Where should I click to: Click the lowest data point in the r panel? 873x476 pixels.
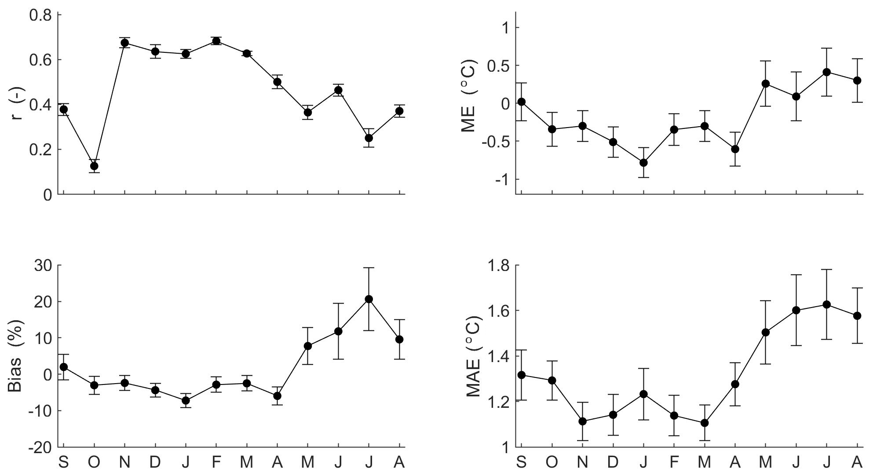click(x=94, y=166)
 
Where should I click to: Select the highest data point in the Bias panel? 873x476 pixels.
click(x=369, y=299)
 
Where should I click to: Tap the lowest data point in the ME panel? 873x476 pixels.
click(x=644, y=162)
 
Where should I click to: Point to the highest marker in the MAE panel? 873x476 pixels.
click(x=827, y=304)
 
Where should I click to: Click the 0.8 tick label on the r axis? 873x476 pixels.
click(x=40, y=15)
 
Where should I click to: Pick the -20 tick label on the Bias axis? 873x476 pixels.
click(x=40, y=447)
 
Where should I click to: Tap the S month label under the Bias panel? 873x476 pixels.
click(x=64, y=462)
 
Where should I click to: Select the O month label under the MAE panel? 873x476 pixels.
click(x=552, y=462)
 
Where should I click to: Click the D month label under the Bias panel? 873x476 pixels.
click(x=155, y=462)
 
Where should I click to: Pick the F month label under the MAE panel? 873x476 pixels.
click(x=674, y=462)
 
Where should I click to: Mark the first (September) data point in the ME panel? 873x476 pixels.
click(x=522, y=102)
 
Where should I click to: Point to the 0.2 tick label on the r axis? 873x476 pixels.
click(x=40, y=150)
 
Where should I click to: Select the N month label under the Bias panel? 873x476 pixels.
click(x=124, y=462)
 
